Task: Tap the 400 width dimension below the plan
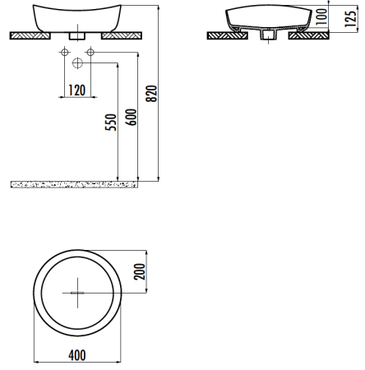point(76,355)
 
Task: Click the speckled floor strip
point(72,183)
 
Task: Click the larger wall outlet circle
point(77,63)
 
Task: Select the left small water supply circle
point(63,53)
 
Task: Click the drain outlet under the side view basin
point(267,36)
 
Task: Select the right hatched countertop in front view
point(122,36)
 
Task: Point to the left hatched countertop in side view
point(223,36)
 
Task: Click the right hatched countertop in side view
point(312,36)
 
